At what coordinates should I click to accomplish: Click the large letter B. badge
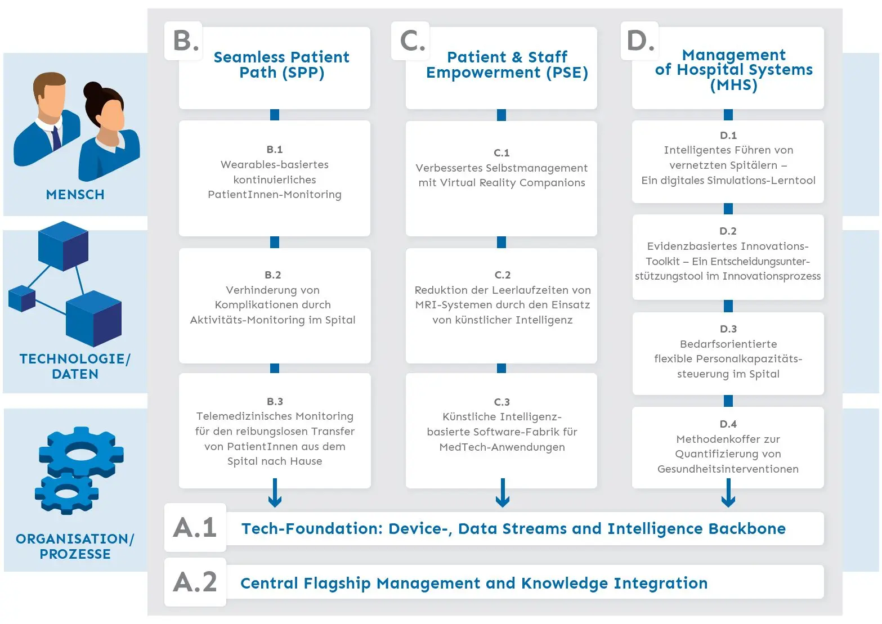pos(183,41)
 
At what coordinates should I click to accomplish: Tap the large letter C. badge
pos(410,41)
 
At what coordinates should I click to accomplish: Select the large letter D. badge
pos(640,41)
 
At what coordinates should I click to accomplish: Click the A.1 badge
pos(195,527)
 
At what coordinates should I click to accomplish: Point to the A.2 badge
pos(195,582)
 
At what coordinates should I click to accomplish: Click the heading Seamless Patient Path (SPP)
pos(281,65)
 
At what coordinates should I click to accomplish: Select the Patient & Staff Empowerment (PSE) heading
pos(507,65)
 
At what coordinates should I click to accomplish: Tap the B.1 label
pos(275,149)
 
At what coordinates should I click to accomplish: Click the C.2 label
pos(503,275)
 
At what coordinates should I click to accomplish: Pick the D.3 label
pos(728,329)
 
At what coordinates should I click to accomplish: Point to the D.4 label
pos(728,424)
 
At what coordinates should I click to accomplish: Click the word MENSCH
pos(75,195)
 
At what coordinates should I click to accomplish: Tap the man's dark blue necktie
pos(57,138)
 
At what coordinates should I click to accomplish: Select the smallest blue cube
pos(22,298)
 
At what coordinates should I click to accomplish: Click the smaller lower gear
pos(66,493)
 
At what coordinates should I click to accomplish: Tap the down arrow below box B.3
pos(275,492)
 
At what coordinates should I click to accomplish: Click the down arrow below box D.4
pos(728,492)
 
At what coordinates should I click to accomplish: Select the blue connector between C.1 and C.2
pos(502,242)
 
